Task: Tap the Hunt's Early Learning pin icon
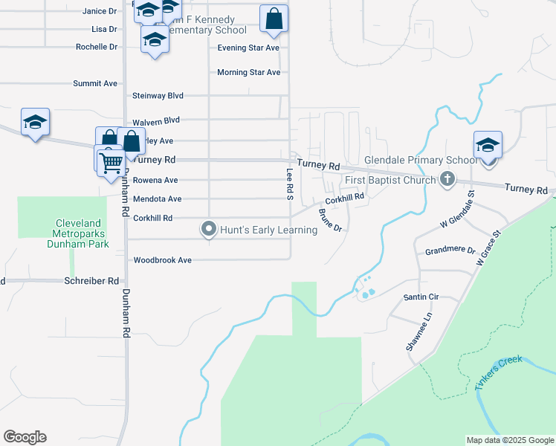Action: (209, 230)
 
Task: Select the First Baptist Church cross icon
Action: (447, 178)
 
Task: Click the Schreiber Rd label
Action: (92, 281)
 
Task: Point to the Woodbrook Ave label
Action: (162, 260)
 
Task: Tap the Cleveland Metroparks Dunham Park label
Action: (82, 233)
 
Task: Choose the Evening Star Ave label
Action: (248, 48)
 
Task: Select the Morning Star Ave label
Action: (248, 72)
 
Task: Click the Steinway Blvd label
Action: (158, 96)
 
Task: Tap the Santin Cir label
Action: (421, 297)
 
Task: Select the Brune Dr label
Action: (329, 220)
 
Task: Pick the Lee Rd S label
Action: (290, 184)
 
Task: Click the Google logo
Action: (25, 437)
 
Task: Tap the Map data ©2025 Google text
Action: (509, 440)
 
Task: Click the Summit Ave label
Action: (95, 83)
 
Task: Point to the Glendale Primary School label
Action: (421, 161)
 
